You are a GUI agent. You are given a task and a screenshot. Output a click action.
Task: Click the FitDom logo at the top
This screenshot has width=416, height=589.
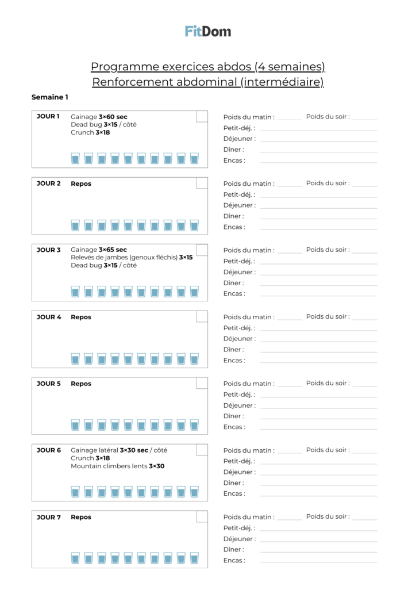click(x=208, y=31)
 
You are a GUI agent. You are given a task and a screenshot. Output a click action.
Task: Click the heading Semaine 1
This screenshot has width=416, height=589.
click(x=50, y=97)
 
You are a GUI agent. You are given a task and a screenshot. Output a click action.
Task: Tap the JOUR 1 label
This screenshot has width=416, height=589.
click(x=48, y=117)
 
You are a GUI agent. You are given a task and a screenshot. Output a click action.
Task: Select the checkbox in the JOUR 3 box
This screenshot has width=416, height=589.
click(x=202, y=250)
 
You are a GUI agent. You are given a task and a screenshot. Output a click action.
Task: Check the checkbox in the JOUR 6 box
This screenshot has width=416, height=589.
click(x=202, y=450)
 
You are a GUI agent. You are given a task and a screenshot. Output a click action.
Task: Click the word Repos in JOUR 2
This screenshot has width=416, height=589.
click(x=81, y=183)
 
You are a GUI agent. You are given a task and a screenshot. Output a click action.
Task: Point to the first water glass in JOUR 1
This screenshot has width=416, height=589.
click(x=75, y=158)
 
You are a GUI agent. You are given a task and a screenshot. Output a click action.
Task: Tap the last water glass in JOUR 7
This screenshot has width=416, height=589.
click(x=194, y=559)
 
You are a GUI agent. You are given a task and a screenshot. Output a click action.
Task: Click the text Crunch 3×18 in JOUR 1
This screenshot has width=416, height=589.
click(x=90, y=132)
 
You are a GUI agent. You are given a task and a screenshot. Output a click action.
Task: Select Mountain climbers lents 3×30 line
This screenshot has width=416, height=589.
click(x=118, y=466)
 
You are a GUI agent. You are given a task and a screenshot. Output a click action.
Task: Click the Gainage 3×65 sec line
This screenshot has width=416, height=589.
click(x=99, y=250)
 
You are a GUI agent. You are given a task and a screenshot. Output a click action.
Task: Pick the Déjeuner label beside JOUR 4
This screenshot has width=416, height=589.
click(x=239, y=339)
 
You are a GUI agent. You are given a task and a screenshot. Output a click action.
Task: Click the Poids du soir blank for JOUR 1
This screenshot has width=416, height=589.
click(x=365, y=118)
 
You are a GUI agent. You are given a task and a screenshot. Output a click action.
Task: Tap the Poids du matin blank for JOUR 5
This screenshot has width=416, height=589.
click(x=290, y=385)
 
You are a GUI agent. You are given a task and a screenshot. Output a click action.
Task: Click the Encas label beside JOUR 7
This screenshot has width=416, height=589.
click(x=234, y=560)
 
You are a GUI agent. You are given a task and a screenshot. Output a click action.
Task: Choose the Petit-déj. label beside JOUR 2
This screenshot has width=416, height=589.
click(x=239, y=194)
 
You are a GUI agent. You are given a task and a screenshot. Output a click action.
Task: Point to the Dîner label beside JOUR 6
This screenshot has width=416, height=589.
click(x=233, y=483)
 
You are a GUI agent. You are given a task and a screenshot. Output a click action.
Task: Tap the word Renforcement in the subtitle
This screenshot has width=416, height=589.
click(x=126, y=82)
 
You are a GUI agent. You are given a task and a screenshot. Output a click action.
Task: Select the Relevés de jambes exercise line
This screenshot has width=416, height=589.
click(x=132, y=257)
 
